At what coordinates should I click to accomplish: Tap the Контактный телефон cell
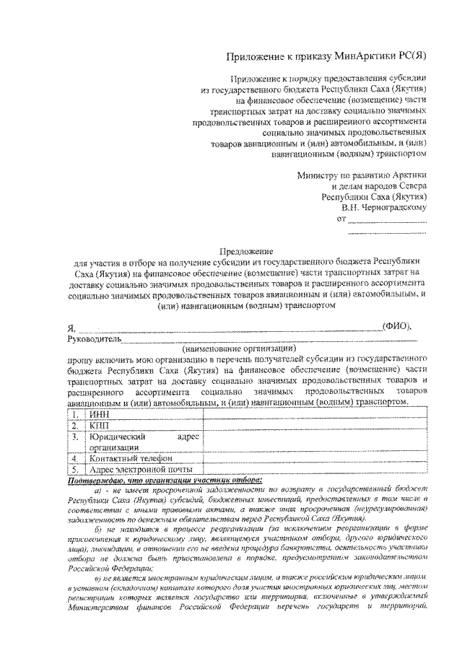(130, 458)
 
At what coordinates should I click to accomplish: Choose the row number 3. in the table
(75, 437)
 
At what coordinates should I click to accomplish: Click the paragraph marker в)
(99, 579)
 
